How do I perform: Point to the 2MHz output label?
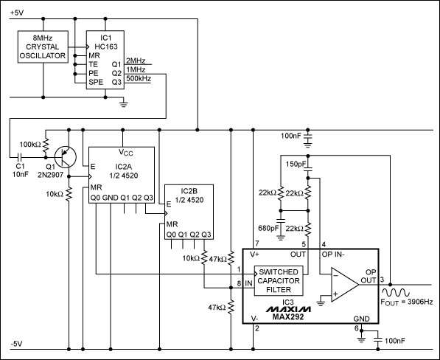(136, 60)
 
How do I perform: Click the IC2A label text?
(122, 167)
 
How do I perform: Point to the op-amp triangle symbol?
(341, 284)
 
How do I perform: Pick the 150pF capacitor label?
(293, 164)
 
